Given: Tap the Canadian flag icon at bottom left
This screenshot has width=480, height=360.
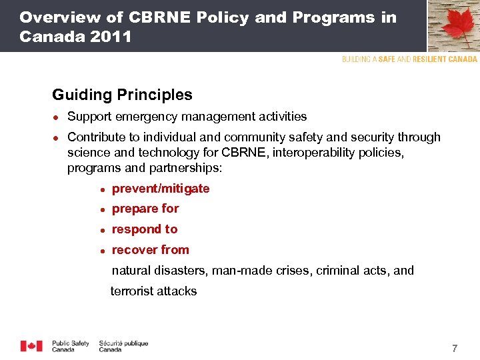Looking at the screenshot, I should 31,346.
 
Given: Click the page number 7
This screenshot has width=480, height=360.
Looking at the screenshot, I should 455,349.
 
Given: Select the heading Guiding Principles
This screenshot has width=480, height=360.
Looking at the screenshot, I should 122,95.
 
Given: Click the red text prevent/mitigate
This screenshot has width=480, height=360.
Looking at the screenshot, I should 161,189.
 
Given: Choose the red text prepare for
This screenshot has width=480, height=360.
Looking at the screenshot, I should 145,209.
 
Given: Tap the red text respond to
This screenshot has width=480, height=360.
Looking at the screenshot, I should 145,229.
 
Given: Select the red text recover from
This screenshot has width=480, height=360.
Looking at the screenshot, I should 151,250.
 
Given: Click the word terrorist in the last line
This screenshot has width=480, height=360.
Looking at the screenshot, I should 133,291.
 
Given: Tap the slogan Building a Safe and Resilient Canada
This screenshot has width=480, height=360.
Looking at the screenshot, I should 409,59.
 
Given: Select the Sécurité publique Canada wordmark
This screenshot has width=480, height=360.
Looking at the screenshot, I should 123,346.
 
